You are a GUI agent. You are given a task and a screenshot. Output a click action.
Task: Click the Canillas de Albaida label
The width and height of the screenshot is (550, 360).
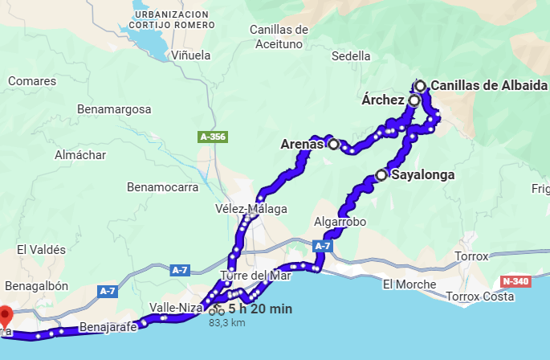click(489, 86)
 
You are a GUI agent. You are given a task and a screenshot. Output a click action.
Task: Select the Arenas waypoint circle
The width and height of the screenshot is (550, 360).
click(333, 145)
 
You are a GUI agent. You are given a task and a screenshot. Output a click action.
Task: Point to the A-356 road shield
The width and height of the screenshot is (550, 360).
click(212, 137)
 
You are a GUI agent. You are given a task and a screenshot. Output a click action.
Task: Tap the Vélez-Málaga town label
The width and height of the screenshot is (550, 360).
click(251, 209)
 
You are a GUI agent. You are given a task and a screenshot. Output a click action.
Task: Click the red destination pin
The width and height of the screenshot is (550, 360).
click(5, 316)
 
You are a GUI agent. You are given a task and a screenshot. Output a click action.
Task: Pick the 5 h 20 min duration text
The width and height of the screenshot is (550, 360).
click(260, 309)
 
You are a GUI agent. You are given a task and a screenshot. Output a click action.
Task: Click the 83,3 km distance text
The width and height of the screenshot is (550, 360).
click(226, 323)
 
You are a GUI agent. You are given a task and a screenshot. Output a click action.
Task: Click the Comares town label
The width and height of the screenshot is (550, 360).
click(32, 81)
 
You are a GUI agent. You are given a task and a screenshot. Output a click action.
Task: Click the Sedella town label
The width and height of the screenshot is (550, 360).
click(351, 56)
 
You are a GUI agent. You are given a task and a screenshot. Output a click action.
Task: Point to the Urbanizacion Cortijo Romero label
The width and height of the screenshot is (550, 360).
click(173, 20)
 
